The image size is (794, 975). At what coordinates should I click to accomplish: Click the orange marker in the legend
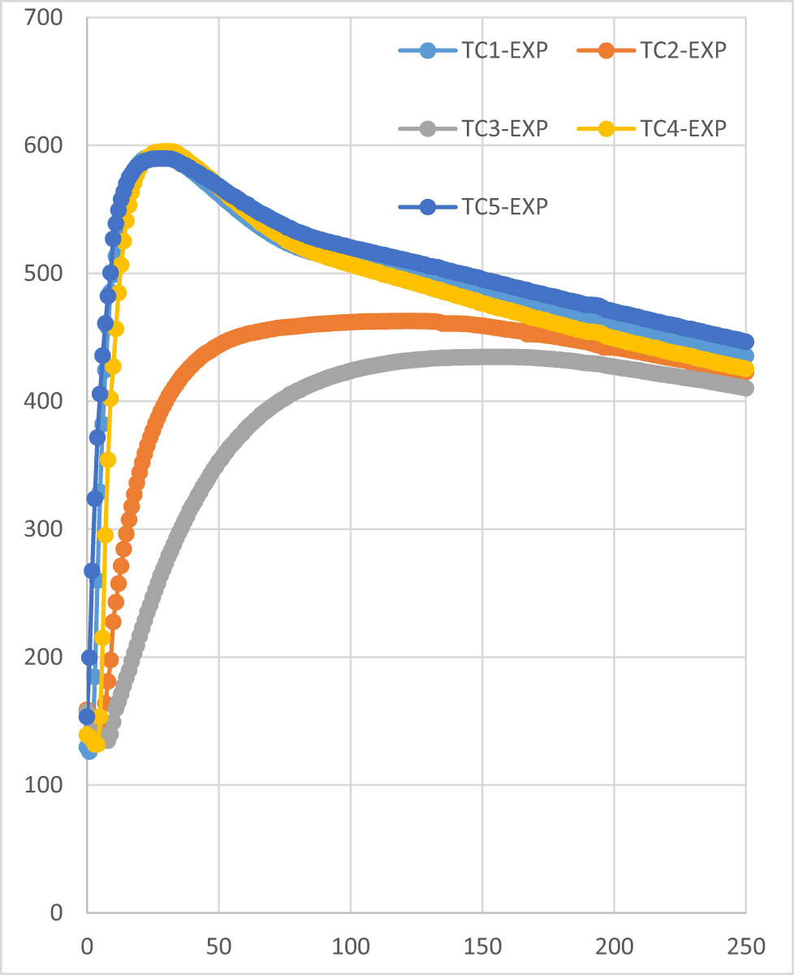pyautogui.click(x=604, y=50)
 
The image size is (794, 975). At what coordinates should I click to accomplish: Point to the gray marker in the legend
pyautogui.click(x=426, y=127)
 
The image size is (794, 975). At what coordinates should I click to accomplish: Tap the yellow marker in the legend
pyautogui.click(x=604, y=127)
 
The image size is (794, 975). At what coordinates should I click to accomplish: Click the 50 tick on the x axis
pyautogui.click(x=218, y=945)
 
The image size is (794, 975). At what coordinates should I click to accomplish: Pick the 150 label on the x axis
pyautogui.click(x=482, y=945)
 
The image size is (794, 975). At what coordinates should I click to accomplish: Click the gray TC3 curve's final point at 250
pyautogui.click(x=746, y=388)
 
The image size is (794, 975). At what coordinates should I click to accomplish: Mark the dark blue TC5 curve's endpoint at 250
pyautogui.click(x=746, y=342)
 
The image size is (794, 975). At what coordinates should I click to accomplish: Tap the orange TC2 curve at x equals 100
pyautogui.click(x=351, y=322)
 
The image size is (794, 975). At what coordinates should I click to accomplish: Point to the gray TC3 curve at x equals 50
pyautogui.click(x=218, y=465)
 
